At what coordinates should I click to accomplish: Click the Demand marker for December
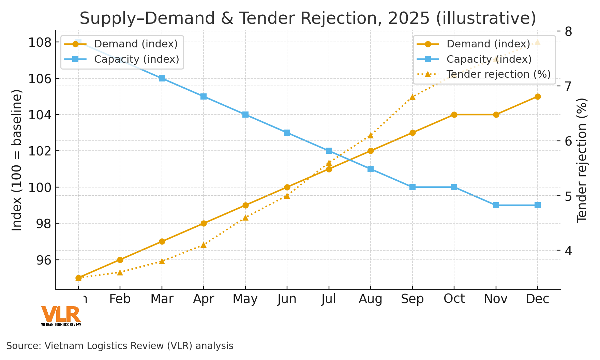click(538, 96)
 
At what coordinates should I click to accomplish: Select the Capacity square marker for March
click(162, 78)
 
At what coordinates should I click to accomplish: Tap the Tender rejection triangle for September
click(412, 97)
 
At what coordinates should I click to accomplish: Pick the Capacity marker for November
click(496, 205)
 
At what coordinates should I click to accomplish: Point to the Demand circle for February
click(120, 260)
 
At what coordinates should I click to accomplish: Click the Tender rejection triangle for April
click(204, 245)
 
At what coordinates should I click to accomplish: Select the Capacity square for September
click(412, 187)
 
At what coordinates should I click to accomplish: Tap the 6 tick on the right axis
click(568, 141)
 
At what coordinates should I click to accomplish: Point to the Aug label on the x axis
click(371, 299)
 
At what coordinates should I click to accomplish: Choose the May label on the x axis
click(245, 299)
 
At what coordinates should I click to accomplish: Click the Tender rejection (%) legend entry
click(498, 74)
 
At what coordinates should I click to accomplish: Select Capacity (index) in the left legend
click(136, 59)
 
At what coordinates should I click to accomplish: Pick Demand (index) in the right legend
click(488, 44)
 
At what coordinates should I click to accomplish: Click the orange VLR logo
click(61, 314)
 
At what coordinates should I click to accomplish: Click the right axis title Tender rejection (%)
click(582, 160)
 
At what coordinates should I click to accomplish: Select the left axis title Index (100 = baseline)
click(17, 160)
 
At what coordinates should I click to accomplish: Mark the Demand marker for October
click(454, 115)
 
